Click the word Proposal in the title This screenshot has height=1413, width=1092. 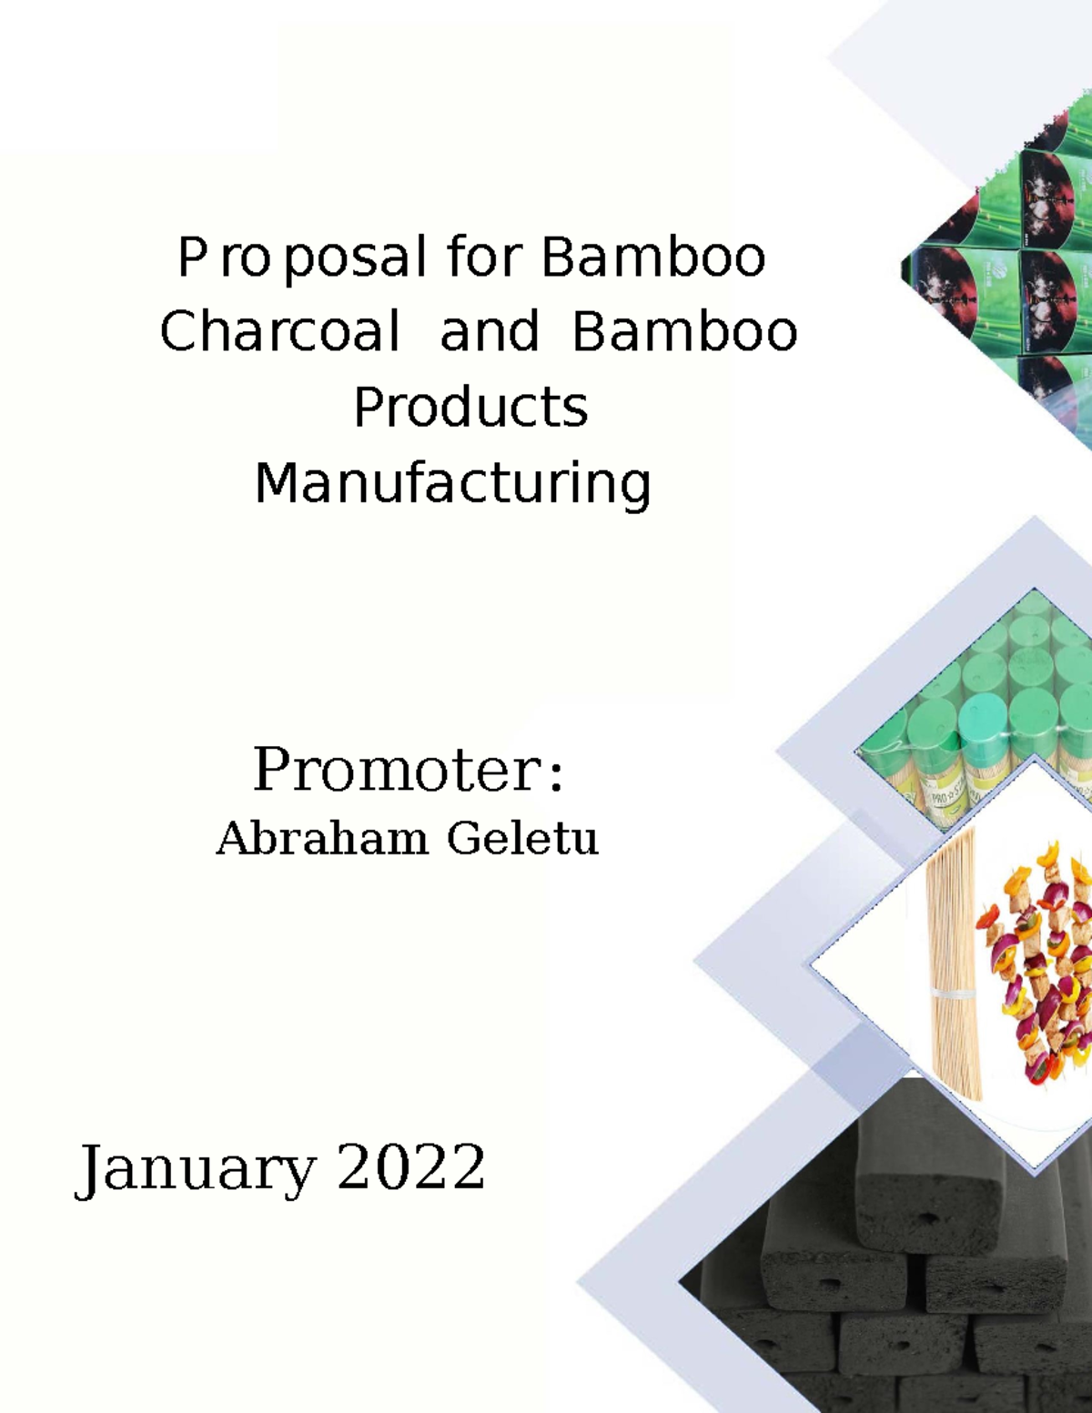(x=301, y=257)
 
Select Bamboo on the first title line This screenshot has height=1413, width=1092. (x=653, y=257)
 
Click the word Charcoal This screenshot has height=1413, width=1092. (x=279, y=331)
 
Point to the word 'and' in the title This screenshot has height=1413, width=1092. (x=490, y=331)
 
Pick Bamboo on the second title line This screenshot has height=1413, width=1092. (x=684, y=331)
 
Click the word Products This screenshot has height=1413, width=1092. (x=470, y=407)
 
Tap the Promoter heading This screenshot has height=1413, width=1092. (x=397, y=770)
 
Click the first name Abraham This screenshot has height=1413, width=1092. (x=321, y=838)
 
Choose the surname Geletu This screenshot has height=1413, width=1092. (x=522, y=838)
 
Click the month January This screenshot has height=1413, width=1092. (x=195, y=1168)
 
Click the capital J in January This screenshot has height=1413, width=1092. (x=88, y=1170)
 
